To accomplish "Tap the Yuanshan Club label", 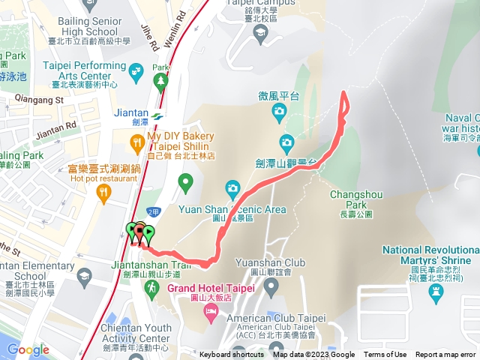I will point(259,263).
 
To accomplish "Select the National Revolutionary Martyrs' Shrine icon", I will point(437,295).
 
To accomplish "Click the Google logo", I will point(28,349).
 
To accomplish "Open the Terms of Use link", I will point(385,355).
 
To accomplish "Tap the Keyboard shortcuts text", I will point(231,355).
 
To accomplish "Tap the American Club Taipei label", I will point(269,317).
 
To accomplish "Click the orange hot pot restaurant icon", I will point(103,193).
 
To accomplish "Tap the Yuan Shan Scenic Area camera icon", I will point(232,187).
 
